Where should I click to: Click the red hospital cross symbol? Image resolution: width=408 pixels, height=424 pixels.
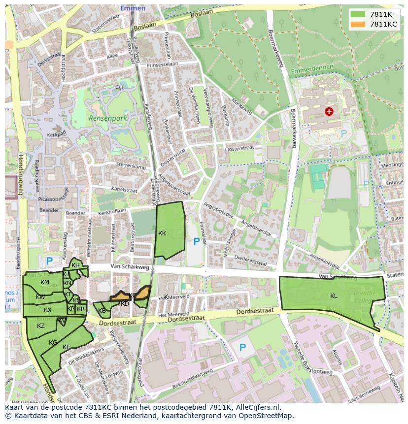click(329, 112)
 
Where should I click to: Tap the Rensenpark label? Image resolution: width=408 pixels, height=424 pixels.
click(108, 119)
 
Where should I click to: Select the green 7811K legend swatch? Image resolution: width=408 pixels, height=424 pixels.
click(358, 14)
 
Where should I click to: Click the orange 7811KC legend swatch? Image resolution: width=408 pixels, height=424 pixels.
click(358, 24)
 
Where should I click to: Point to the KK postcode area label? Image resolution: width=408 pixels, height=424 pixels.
click(162, 233)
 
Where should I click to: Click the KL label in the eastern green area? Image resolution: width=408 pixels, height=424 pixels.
click(334, 296)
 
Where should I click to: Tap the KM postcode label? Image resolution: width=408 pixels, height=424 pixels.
click(45, 282)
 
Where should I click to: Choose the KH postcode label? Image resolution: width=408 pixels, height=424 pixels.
click(75, 265)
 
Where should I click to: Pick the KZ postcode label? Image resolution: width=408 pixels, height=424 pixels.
click(41, 326)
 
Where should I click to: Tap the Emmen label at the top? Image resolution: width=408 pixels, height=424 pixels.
click(133, 8)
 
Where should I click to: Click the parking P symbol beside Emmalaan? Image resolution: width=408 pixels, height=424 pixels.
click(197, 241)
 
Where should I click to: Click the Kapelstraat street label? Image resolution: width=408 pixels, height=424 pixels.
click(124, 190)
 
